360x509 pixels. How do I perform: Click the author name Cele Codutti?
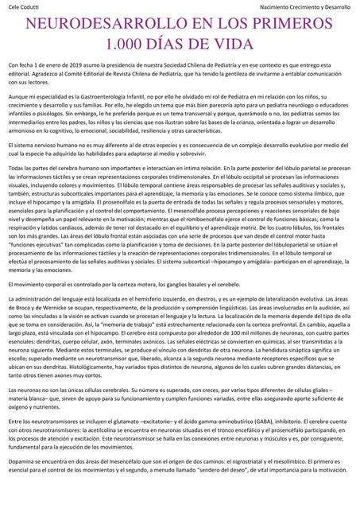22,6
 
